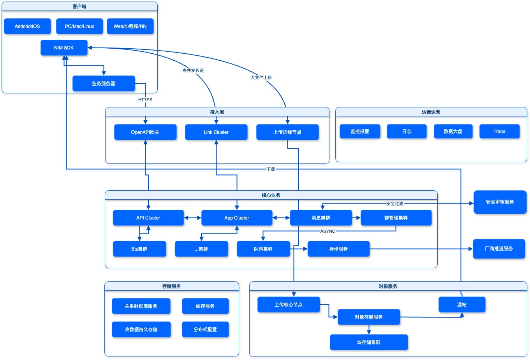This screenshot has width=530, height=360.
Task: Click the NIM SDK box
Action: [x=64, y=48]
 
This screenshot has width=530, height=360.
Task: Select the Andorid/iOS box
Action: [x=27, y=26]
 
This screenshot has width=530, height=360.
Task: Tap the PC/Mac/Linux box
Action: [x=79, y=26]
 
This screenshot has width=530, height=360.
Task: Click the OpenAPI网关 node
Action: [x=145, y=132]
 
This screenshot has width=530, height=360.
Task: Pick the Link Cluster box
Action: [x=216, y=132]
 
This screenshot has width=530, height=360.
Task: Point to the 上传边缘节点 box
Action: [x=287, y=132]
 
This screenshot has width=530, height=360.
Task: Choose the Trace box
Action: [x=499, y=132]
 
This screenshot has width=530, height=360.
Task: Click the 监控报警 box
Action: [x=360, y=132]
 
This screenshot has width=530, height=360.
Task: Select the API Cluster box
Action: [x=148, y=218]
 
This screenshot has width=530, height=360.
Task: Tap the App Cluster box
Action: [x=237, y=218]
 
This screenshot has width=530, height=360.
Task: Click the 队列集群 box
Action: [x=263, y=249]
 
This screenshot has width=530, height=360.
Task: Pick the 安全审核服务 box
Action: [x=500, y=202]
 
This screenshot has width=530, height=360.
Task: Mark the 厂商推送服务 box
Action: [x=499, y=249]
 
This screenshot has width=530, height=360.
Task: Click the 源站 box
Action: [x=462, y=305]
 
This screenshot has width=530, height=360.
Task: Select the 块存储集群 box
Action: [x=369, y=342]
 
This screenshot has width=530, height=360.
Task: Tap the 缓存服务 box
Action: [x=205, y=306]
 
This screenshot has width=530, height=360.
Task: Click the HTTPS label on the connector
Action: [x=145, y=100]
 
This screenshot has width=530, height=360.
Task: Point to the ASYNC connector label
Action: [x=328, y=231]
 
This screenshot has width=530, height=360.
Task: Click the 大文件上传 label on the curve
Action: [x=261, y=77]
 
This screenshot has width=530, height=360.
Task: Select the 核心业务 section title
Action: [x=271, y=195]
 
